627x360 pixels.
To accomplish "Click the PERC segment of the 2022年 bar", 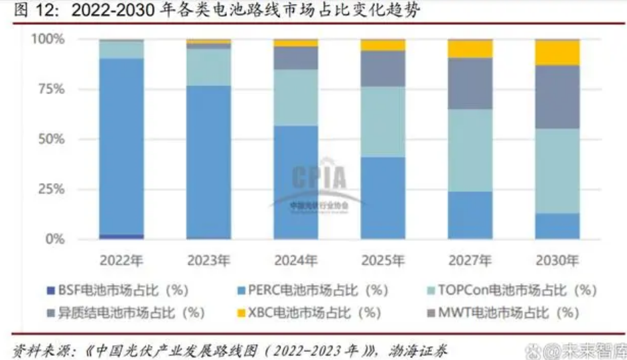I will [121, 146].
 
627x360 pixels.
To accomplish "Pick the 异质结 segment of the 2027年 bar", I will [470, 84].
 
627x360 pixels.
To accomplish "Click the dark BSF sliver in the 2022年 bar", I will [121, 236].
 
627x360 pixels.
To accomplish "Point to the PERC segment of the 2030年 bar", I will [557, 226].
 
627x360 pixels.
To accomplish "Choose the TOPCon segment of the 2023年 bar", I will [208, 67].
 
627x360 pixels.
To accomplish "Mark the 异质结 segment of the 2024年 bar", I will [295, 58].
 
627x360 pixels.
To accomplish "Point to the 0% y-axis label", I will [54, 239].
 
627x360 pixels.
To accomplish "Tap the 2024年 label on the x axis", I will [295, 259].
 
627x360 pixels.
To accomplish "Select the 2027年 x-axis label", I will [470, 259].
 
